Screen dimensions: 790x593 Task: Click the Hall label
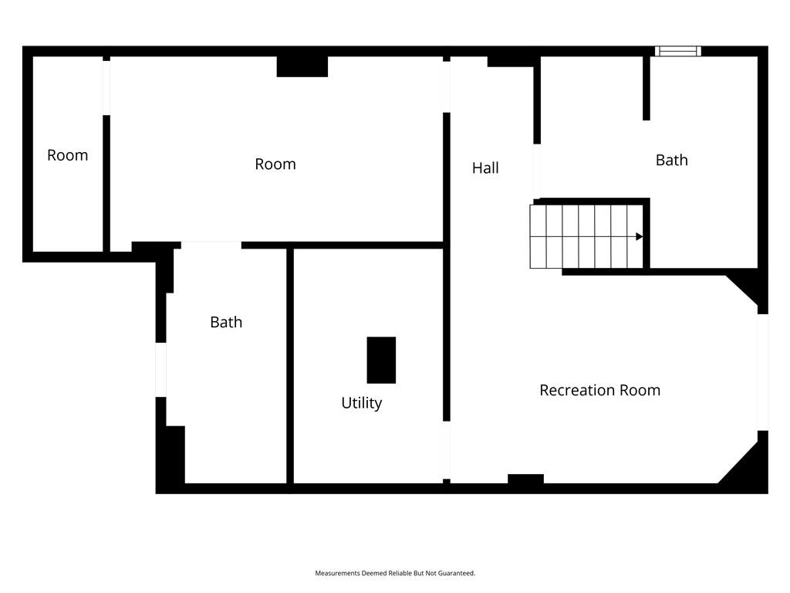click(x=485, y=168)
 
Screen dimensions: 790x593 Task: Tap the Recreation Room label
click(x=599, y=390)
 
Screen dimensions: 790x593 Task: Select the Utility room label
click(x=361, y=403)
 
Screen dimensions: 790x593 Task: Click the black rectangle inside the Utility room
click(x=381, y=360)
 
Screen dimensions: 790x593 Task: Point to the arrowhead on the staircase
click(x=640, y=236)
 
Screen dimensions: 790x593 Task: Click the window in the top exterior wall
click(x=677, y=51)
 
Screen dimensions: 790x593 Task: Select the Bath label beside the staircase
click(x=672, y=161)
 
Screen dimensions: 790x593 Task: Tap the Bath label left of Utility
click(x=226, y=322)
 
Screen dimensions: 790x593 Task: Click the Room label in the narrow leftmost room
click(x=68, y=155)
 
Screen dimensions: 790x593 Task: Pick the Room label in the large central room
click(x=275, y=164)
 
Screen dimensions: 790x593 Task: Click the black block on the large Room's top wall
click(x=302, y=66)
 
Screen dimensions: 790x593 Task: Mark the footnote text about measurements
click(x=395, y=573)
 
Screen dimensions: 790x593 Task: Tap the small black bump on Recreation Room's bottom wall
click(x=525, y=479)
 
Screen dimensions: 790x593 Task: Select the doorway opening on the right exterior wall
click(x=763, y=372)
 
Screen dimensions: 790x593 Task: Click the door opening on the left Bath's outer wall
click(x=160, y=370)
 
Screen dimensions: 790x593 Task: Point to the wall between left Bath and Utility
click(x=290, y=366)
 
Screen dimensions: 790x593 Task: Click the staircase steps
click(x=586, y=236)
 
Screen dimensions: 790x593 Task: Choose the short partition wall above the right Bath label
click(x=647, y=88)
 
